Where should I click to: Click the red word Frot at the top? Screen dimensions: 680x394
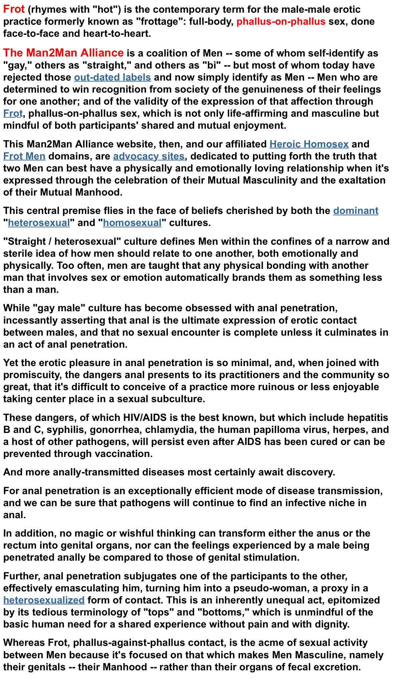[14, 9]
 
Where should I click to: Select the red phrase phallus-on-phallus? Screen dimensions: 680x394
[281, 22]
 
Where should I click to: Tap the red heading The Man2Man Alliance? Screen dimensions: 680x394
[63, 53]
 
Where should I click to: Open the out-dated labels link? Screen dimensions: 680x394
[112, 77]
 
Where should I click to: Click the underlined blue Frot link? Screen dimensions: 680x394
[13, 113]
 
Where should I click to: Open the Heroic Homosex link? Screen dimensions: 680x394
[309, 144]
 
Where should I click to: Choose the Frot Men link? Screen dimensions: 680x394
[24, 156]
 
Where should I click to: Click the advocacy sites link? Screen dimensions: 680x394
[149, 156]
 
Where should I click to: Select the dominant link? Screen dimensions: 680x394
[356, 211]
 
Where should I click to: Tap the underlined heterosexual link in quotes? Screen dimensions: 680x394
[39, 223]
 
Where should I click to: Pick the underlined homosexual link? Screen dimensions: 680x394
[132, 223]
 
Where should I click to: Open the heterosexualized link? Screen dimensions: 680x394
[44, 600]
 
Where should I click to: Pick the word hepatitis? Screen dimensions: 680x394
[368, 418]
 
